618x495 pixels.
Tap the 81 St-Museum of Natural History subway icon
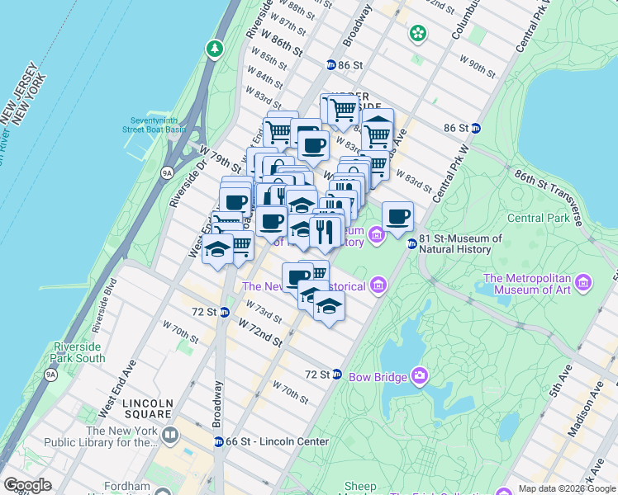tap(411, 243)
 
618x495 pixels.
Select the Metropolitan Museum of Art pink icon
tap(583, 283)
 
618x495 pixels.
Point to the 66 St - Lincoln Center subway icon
tap(219, 441)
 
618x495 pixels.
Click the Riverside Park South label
tap(78, 352)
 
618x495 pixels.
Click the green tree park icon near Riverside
tap(216, 49)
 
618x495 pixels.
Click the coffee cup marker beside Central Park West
tap(397, 216)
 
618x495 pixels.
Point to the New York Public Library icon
tap(170, 435)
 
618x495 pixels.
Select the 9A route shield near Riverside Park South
tap(51, 375)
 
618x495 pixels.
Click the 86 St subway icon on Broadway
tap(330, 64)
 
